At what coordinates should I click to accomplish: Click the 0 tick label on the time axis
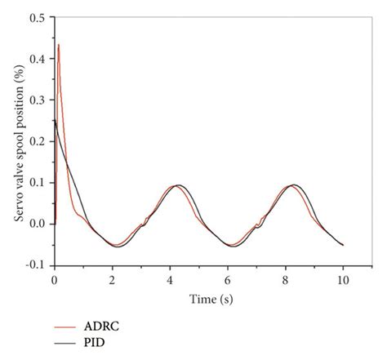(x=54, y=279)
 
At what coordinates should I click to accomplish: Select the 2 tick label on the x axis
(x=112, y=279)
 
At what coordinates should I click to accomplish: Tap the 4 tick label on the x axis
(x=170, y=279)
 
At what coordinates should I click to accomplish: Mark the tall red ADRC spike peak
(x=59, y=44)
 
